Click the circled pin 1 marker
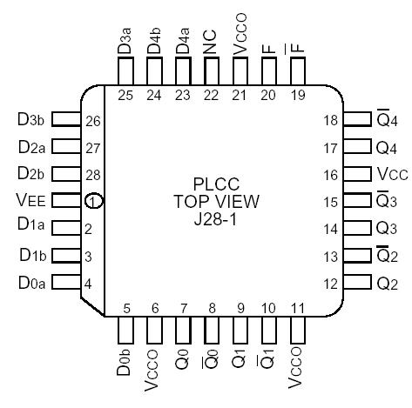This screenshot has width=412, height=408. click(x=94, y=202)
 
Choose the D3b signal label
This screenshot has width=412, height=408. click(x=31, y=120)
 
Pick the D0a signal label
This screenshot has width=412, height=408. click(x=31, y=282)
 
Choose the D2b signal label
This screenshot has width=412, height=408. click(x=31, y=174)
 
